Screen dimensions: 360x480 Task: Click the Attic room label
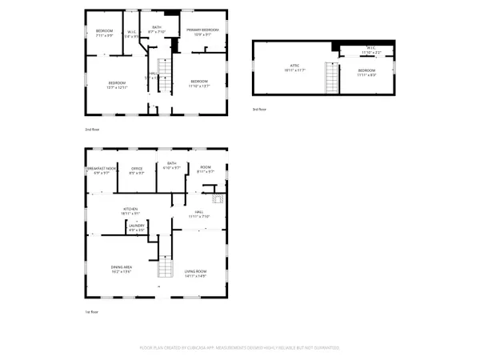(289, 68)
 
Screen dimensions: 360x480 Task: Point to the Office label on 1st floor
(137, 170)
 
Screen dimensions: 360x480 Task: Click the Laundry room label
(136, 228)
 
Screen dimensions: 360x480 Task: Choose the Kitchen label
(130, 212)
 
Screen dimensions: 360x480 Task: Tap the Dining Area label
(121, 270)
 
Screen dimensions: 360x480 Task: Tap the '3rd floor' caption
(258, 109)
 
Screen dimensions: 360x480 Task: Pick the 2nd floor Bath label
(157, 30)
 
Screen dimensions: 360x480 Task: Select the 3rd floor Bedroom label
(367, 74)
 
